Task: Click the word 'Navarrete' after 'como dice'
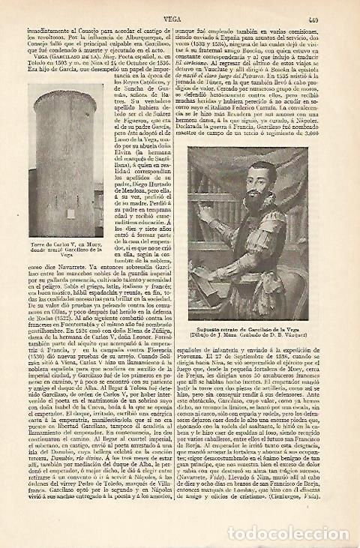[x=47, y=244]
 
